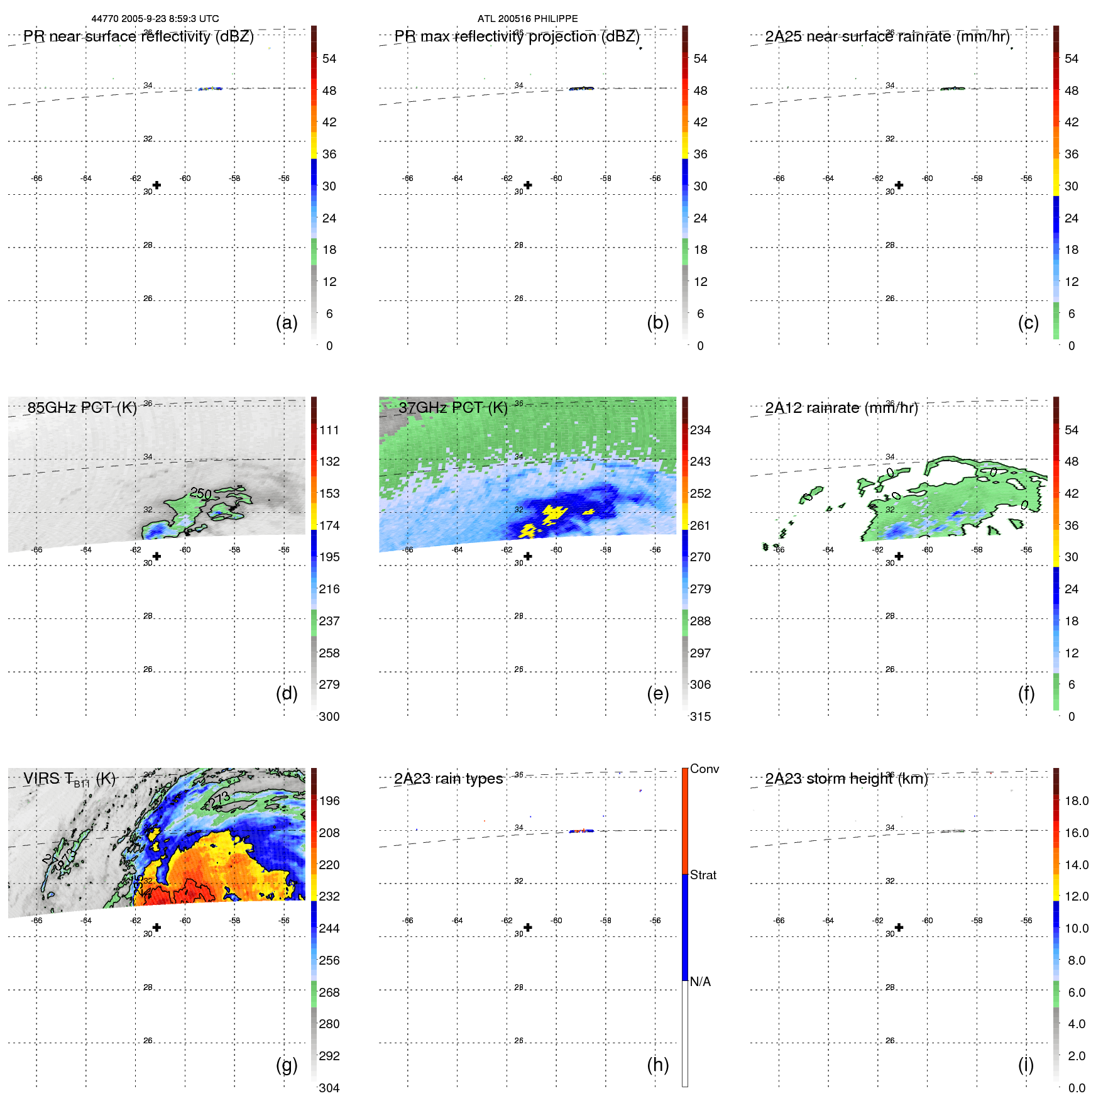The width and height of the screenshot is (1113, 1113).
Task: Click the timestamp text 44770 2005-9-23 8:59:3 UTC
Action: coord(155,19)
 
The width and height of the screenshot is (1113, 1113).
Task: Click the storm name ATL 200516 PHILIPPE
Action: coord(527,19)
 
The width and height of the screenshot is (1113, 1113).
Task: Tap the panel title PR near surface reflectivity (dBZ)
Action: coord(138,36)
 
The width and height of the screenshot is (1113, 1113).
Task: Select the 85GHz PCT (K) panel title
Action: coord(82,408)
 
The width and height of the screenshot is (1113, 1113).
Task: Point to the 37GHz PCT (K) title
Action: coord(452,408)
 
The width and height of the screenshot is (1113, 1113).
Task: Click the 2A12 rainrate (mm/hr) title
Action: coord(841,408)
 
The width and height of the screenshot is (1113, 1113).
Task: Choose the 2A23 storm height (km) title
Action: coord(846,779)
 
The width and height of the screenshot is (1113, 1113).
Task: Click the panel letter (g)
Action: coord(287,1065)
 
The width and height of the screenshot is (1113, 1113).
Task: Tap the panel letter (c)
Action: coord(1028,323)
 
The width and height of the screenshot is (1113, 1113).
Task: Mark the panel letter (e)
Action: coord(657,694)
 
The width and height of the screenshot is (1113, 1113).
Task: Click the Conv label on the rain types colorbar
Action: coord(704,769)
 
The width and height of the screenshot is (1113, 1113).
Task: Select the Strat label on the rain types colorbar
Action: coord(703,875)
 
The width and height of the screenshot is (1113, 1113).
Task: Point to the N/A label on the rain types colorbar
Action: coord(700,982)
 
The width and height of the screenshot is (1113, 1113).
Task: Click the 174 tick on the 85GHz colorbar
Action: coord(329,525)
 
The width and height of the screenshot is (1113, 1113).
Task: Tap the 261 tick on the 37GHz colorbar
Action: coord(700,525)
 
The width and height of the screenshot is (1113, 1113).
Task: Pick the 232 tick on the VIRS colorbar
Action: coord(329,896)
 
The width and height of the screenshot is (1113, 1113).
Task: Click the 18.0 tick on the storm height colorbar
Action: coord(1077,801)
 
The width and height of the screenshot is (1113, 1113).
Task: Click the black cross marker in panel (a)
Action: coord(156,185)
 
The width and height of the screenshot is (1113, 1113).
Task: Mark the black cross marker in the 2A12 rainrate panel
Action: coord(899,556)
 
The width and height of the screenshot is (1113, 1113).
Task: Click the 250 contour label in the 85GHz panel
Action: coord(201,493)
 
